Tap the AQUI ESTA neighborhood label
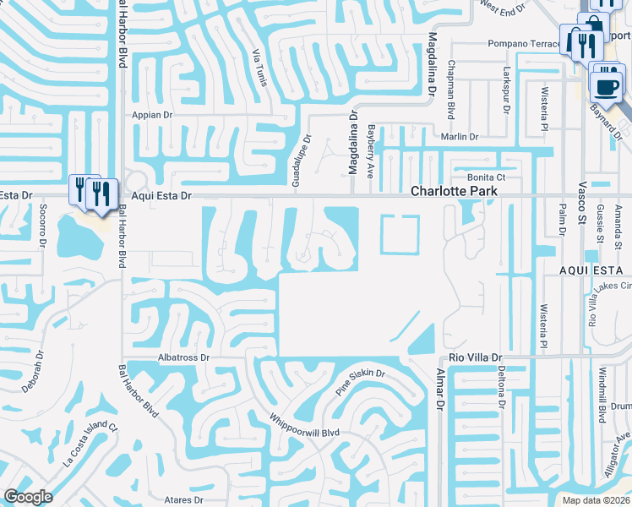[594, 270]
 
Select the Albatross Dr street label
[183, 357]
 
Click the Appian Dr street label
[152, 114]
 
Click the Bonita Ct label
[486, 177]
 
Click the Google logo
[27, 497]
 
